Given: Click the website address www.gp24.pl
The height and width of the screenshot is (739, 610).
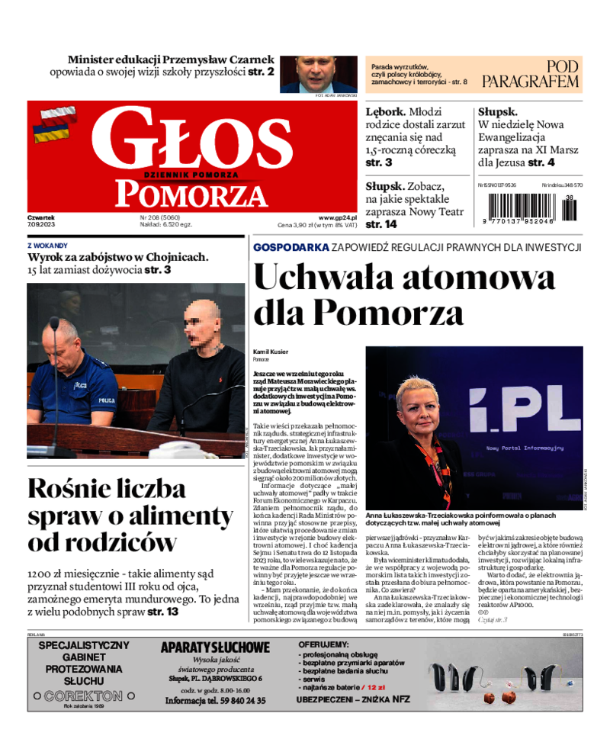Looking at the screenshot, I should [x=338, y=217].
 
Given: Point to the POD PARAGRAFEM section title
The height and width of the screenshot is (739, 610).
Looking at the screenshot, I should [x=531, y=74].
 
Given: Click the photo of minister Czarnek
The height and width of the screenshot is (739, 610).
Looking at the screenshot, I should [x=316, y=73].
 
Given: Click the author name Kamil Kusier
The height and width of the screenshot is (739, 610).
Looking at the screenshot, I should [x=271, y=352].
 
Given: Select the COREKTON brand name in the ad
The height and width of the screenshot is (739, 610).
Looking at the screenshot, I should [x=84, y=696].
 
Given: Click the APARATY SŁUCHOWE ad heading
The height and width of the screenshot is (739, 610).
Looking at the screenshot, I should [x=215, y=648].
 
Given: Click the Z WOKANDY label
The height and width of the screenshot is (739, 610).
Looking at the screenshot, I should [x=47, y=246].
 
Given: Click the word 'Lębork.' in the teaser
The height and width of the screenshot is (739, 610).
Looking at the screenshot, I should [x=386, y=111].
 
